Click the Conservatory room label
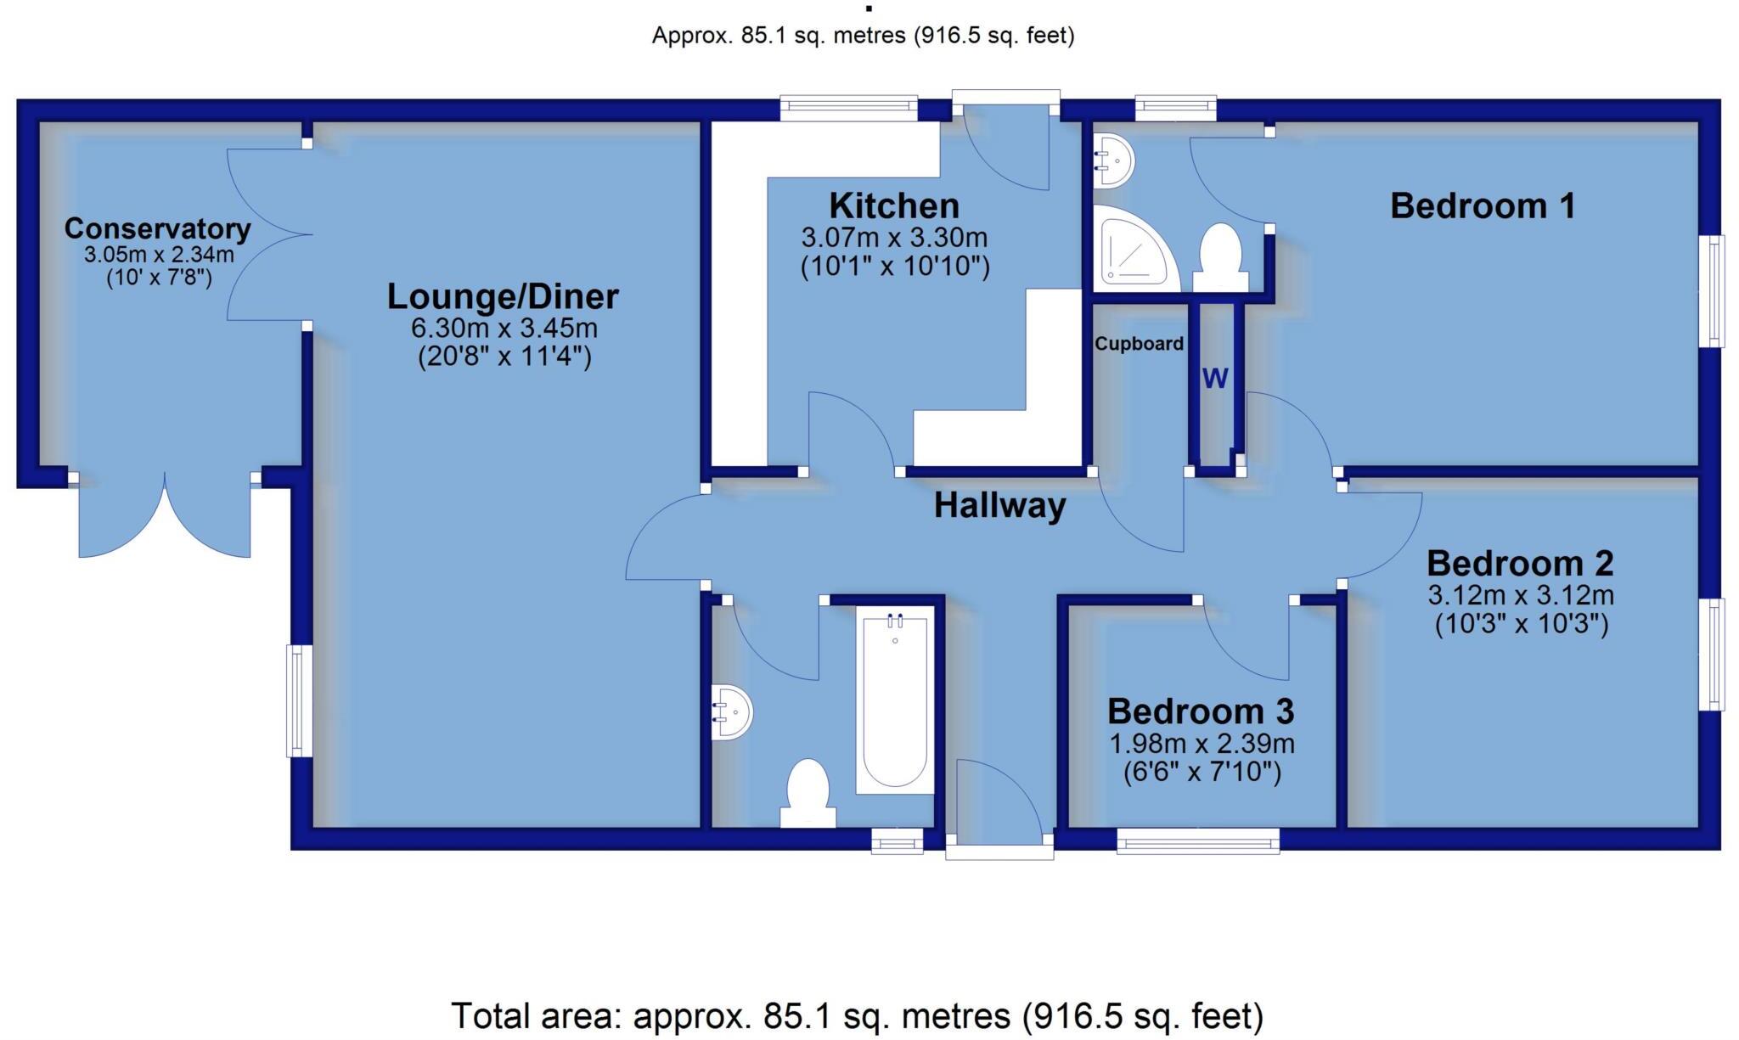point(157,229)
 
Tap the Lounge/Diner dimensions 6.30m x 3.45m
point(504,328)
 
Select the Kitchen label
point(894,206)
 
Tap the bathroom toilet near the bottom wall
point(808,794)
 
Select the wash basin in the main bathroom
point(731,711)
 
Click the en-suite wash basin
point(1112,160)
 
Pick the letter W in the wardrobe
point(1215,379)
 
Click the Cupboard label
point(1139,344)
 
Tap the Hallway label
point(999,506)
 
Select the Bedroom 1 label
point(1482,206)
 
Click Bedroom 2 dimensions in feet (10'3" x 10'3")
point(1521,624)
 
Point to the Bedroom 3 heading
point(1201,711)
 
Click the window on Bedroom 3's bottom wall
point(1197,841)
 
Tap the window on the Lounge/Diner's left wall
point(295,700)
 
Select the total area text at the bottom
point(856,1015)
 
